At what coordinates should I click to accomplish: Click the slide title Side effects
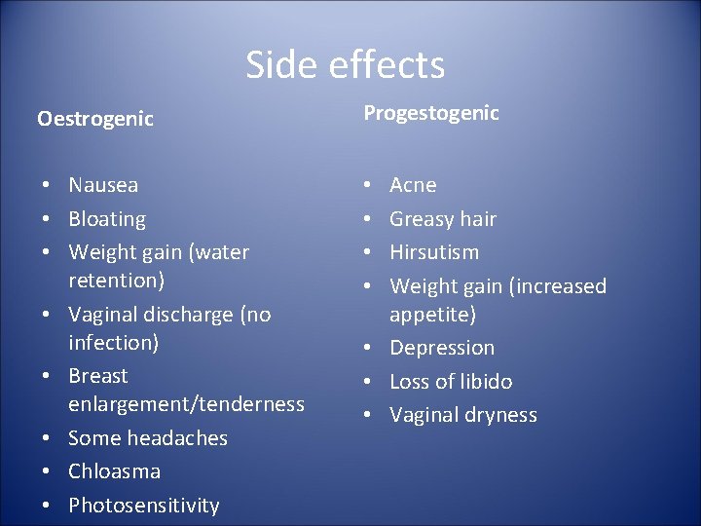tap(345, 65)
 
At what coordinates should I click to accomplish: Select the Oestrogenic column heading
tap(95, 119)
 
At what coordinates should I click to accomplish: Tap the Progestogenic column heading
tap(431, 113)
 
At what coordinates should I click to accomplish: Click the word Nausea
tap(103, 185)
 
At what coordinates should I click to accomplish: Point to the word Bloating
tap(107, 219)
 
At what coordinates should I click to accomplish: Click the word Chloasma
tap(114, 471)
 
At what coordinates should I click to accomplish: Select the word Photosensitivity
tap(144, 506)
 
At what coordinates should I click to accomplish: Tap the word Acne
tap(413, 185)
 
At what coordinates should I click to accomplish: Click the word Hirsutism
tap(434, 252)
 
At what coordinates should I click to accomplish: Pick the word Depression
tap(442, 348)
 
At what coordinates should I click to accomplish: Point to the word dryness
tap(499, 415)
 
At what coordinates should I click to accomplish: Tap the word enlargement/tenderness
tap(186, 404)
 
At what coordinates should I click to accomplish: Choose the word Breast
tap(98, 376)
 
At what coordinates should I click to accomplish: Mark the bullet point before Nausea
tap(46, 185)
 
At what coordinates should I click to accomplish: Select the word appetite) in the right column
tap(432, 315)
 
